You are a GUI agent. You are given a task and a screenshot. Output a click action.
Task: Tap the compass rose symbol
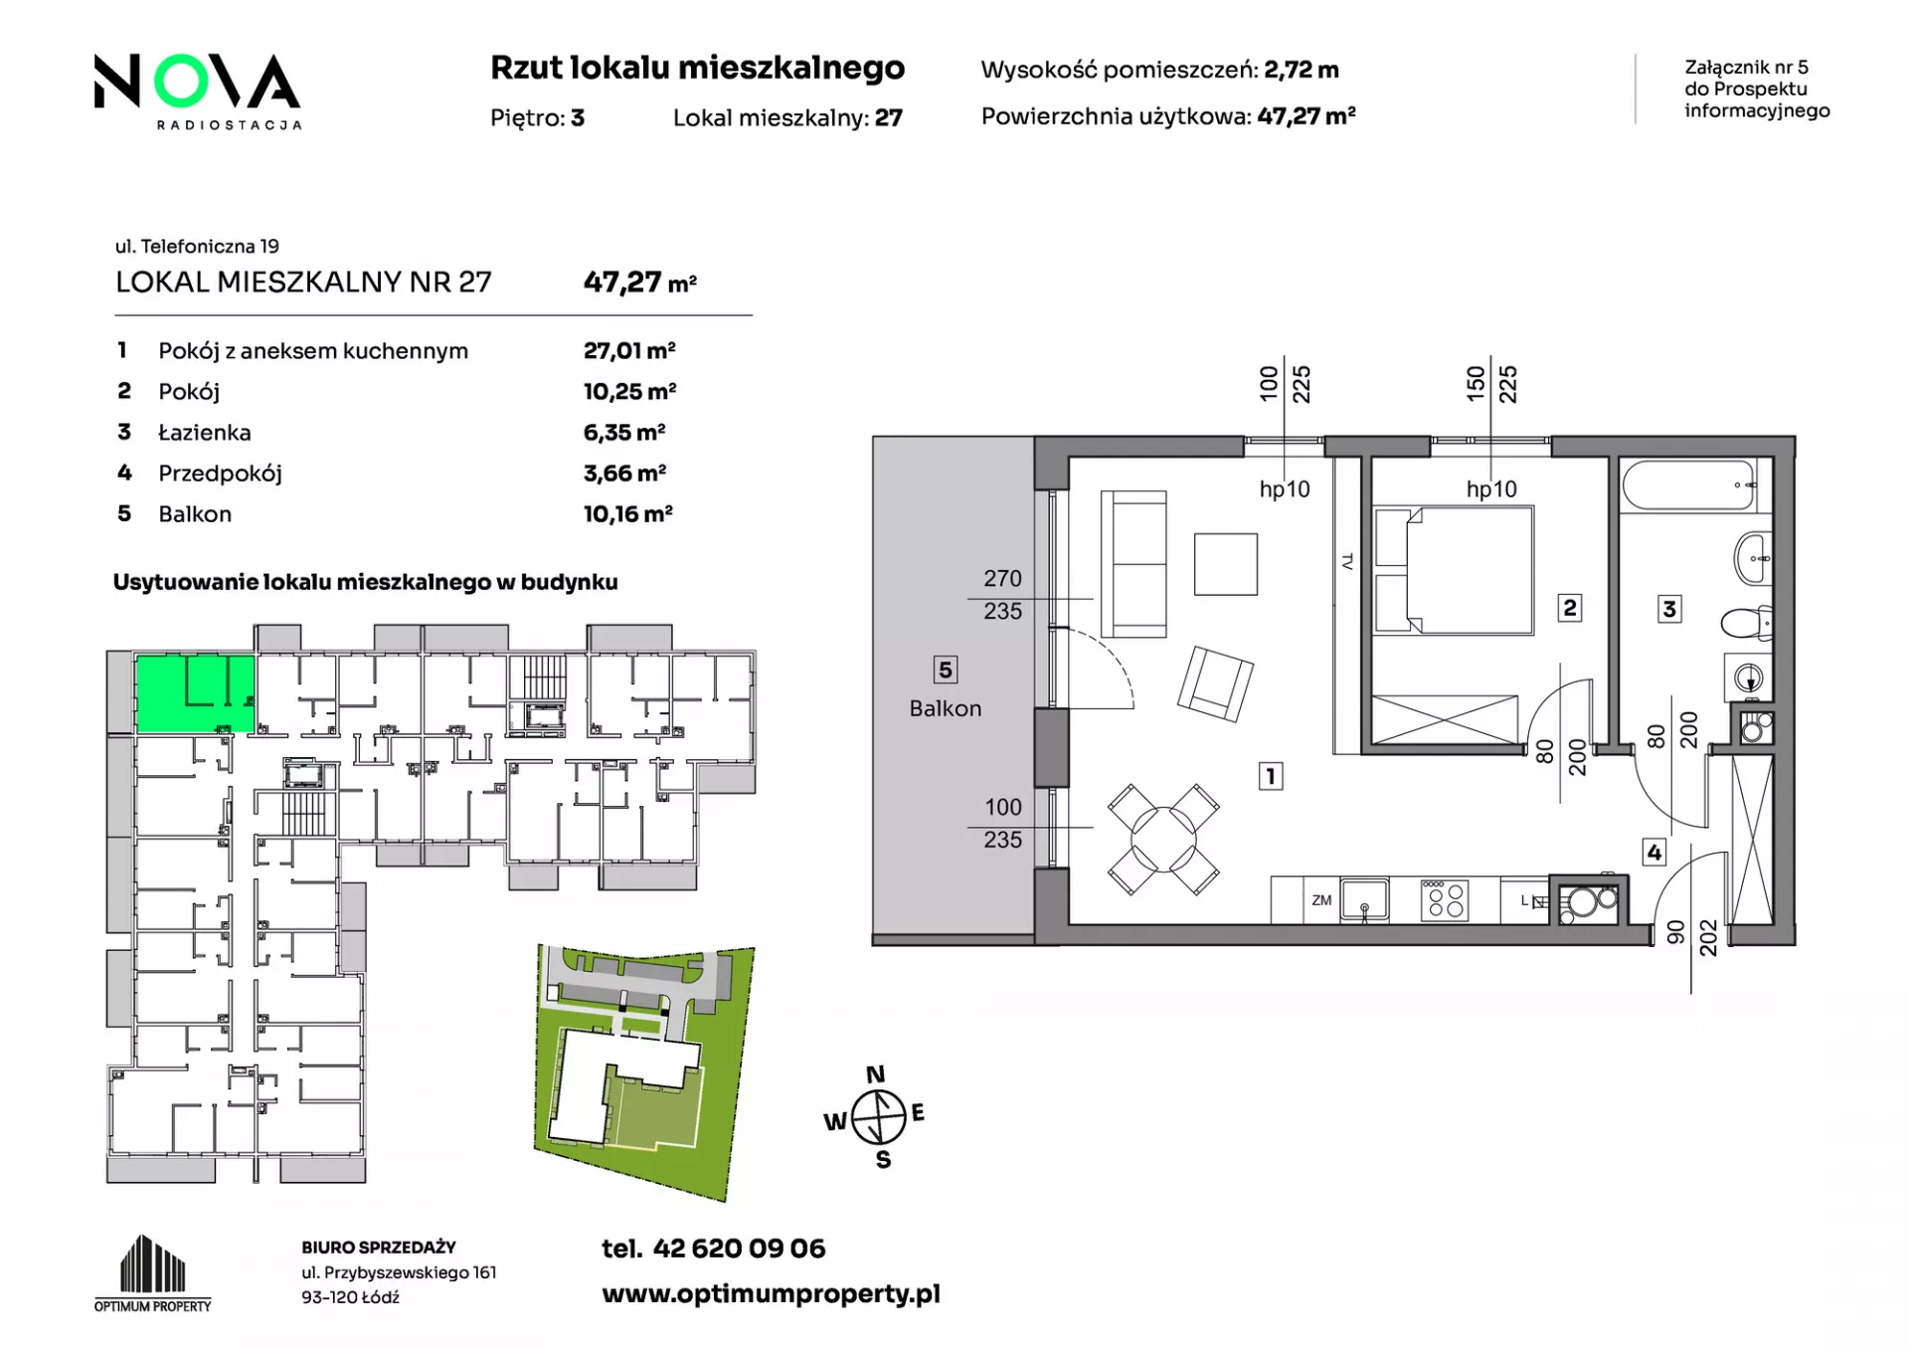(x=877, y=1117)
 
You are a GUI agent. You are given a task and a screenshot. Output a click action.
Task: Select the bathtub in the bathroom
(x=1688, y=485)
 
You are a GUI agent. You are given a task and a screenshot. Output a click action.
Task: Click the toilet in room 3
(x=1746, y=624)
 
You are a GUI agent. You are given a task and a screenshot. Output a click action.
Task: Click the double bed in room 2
(x=1454, y=570)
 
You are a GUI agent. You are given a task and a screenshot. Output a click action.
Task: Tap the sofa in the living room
(x=1133, y=563)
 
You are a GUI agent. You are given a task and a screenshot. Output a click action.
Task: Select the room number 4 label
(x=1653, y=852)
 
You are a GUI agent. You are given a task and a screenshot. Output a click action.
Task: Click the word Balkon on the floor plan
(x=945, y=708)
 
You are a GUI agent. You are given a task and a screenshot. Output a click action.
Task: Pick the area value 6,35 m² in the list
(x=624, y=433)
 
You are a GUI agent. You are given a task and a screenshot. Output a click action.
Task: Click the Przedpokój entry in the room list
(x=220, y=474)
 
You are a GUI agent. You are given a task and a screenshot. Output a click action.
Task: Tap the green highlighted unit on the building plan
(x=195, y=693)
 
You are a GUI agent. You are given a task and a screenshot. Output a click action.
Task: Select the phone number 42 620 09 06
(x=739, y=1249)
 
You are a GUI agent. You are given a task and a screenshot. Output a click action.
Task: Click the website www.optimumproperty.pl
(x=771, y=1294)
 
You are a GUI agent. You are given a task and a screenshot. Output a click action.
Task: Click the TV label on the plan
(x=1348, y=562)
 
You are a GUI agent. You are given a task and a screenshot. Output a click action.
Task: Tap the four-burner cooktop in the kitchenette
(x=1445, y=900)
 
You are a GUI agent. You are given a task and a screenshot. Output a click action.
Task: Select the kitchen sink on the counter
(x=1365, y=899)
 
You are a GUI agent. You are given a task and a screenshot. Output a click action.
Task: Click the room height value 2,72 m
(x=1302, y=70)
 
